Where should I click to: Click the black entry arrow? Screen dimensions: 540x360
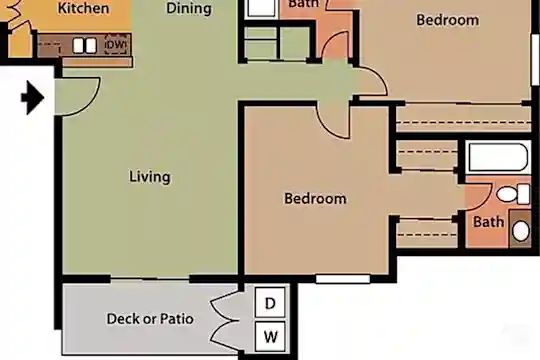point(33,98)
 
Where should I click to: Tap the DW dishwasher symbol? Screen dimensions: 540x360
point(116,45)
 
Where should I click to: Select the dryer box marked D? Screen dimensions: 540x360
point(270,302)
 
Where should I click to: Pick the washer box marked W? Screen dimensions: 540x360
point(270,337)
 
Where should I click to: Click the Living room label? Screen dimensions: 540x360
point(150,177)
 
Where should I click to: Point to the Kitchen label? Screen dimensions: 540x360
point(83,8)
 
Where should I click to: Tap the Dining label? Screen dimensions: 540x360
point(189,8)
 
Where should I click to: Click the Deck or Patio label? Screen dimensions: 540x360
point(150,319)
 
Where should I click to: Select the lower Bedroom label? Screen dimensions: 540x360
point(315,198)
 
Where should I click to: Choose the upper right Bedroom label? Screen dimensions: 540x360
point(447,20)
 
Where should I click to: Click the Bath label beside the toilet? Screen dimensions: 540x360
point(488,222)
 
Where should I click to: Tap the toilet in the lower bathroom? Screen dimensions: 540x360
point(513,194)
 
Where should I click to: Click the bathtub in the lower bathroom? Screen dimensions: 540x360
point(498,157)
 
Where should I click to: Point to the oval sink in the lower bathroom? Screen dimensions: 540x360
point(521,231)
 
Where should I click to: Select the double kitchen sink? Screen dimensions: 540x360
point(85,45)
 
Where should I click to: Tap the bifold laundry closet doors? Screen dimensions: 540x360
point(226,321)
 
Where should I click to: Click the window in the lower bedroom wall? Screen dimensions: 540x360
point(343,278)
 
